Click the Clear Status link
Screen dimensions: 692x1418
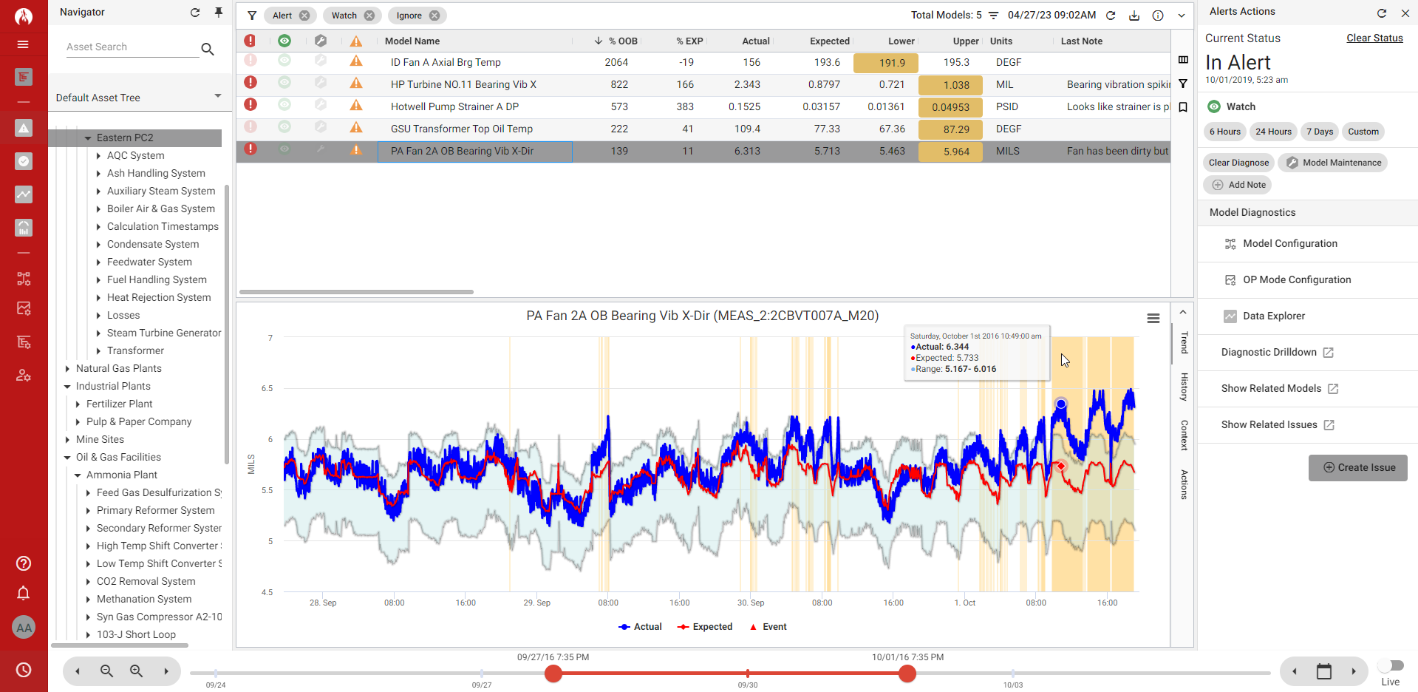coord(1374,38)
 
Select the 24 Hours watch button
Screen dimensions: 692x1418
coord(1273,132)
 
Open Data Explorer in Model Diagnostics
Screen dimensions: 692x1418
coord(1273,316)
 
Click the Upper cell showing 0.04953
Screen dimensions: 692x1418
coord(950,107)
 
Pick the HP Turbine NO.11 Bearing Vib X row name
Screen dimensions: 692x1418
coord(463,85)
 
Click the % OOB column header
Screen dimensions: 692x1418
coord(622,41)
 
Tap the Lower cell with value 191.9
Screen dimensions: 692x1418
coord(885,63)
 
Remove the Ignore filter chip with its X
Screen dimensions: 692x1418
coord(434,16)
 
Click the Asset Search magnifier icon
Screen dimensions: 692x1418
coord(208,49)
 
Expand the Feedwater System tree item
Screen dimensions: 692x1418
coord(98,262)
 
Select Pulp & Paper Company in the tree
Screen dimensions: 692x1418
coord(139,422)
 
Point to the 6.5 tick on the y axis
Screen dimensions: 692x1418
coord(267,388)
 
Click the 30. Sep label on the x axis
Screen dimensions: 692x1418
coord(751,603)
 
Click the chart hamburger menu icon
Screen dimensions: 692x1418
coord(1153,319)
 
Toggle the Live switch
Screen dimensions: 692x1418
coord(1391,665)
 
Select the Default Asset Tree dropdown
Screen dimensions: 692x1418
coord(138,98)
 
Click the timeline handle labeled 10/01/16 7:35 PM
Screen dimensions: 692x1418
coord(907,674)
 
